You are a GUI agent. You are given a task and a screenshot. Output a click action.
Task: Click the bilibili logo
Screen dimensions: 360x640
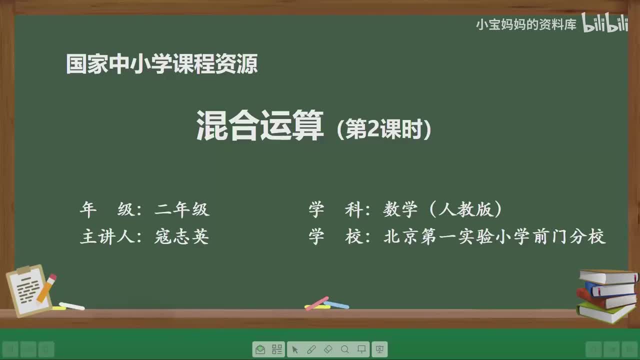(604, 23)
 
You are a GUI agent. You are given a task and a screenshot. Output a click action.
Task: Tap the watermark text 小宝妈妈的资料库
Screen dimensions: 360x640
(525, 24)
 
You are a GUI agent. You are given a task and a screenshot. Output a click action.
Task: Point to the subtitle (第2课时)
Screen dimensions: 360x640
(384, 130)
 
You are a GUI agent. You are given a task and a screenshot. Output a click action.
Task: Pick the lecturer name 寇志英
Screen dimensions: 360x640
(181, 236)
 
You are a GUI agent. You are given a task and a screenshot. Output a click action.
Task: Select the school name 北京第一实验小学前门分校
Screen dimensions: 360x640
(494, 236)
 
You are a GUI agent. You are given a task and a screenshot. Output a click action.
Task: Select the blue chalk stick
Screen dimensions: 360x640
(336, 304)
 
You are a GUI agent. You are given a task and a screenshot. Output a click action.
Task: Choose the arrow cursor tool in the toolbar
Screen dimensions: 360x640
(294, 349)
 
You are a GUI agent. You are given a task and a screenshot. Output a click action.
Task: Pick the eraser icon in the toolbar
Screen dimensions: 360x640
(328, 349)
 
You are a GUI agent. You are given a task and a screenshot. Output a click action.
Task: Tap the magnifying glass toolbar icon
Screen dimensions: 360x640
(344, 349)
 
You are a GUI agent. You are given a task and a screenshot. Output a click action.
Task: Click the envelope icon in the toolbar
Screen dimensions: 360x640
(260, 349)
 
